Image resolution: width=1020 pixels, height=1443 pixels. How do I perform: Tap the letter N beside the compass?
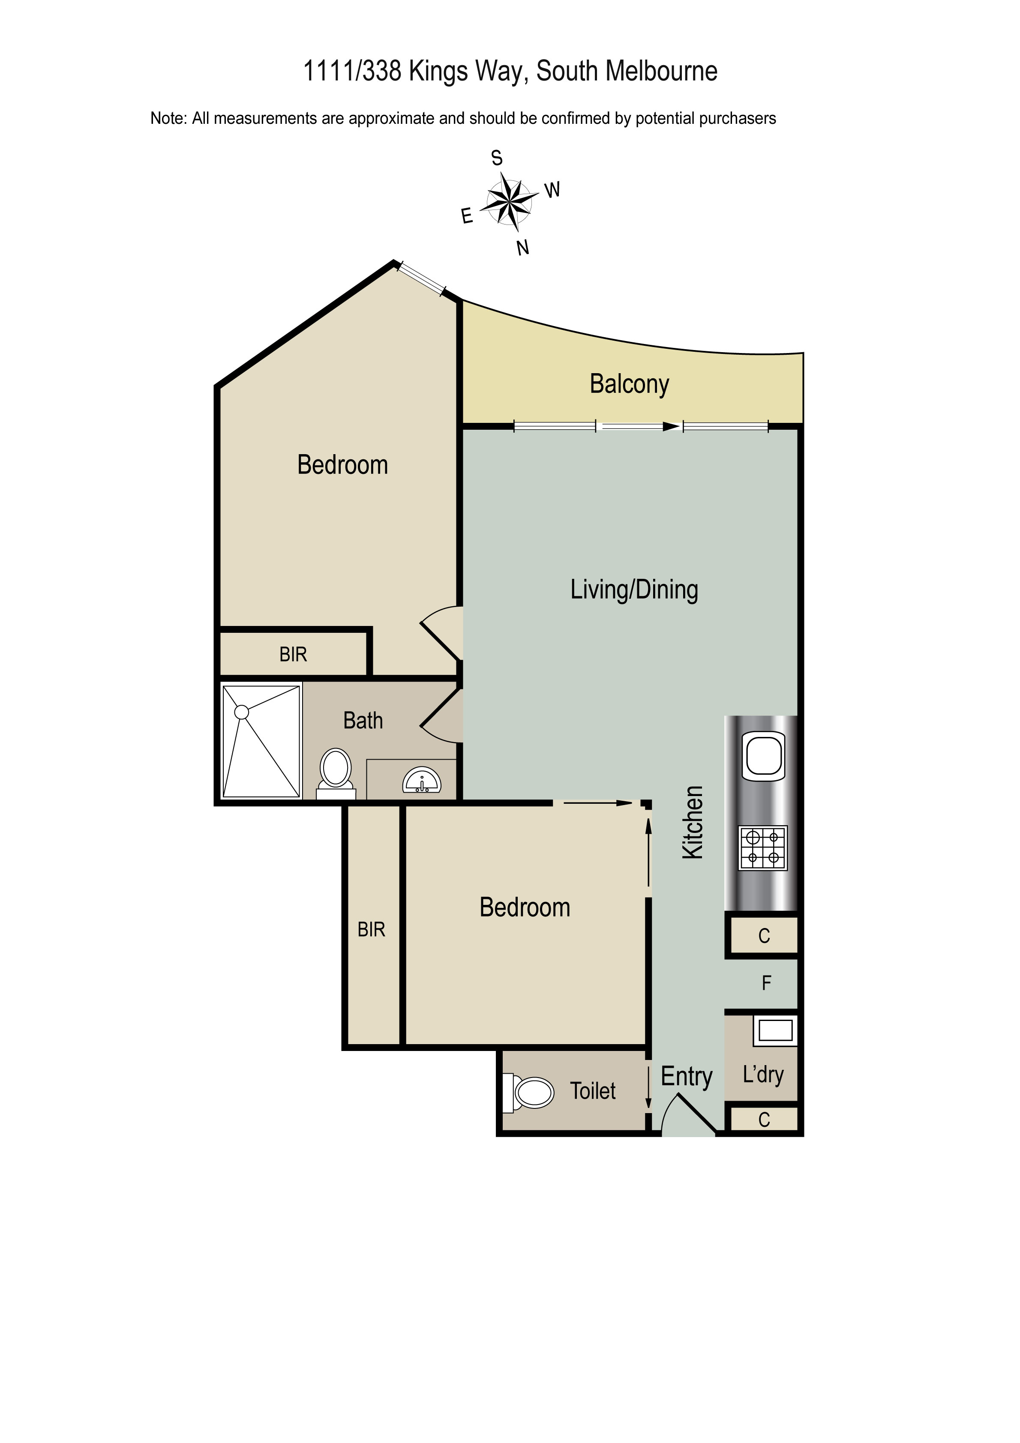522,248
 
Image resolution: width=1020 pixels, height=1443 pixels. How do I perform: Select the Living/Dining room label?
634,590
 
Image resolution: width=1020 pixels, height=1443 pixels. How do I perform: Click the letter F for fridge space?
766,983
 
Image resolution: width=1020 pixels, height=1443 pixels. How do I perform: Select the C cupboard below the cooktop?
763,936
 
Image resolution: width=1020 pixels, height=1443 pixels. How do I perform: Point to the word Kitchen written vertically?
693,822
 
